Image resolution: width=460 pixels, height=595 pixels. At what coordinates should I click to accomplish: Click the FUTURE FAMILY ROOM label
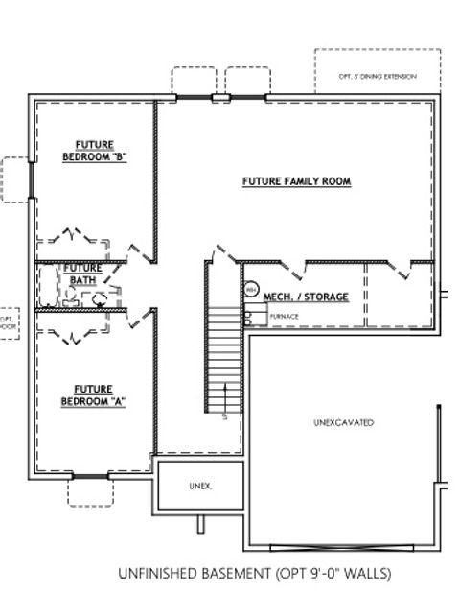point(296,180)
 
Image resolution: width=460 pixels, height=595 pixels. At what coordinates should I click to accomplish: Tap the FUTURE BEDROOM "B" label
point(95,151)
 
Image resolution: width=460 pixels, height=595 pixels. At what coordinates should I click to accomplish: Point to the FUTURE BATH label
point(83,274)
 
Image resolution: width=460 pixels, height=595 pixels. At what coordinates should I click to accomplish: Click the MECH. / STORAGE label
point(306,297)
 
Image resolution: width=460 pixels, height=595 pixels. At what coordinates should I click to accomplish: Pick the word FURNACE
point(285,316)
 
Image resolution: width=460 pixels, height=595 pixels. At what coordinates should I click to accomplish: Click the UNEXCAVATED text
point(343,422)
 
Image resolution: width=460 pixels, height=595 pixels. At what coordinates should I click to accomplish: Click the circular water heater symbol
point(251,289)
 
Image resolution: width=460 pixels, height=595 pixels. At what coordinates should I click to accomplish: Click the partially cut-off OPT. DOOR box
point(8,321)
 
